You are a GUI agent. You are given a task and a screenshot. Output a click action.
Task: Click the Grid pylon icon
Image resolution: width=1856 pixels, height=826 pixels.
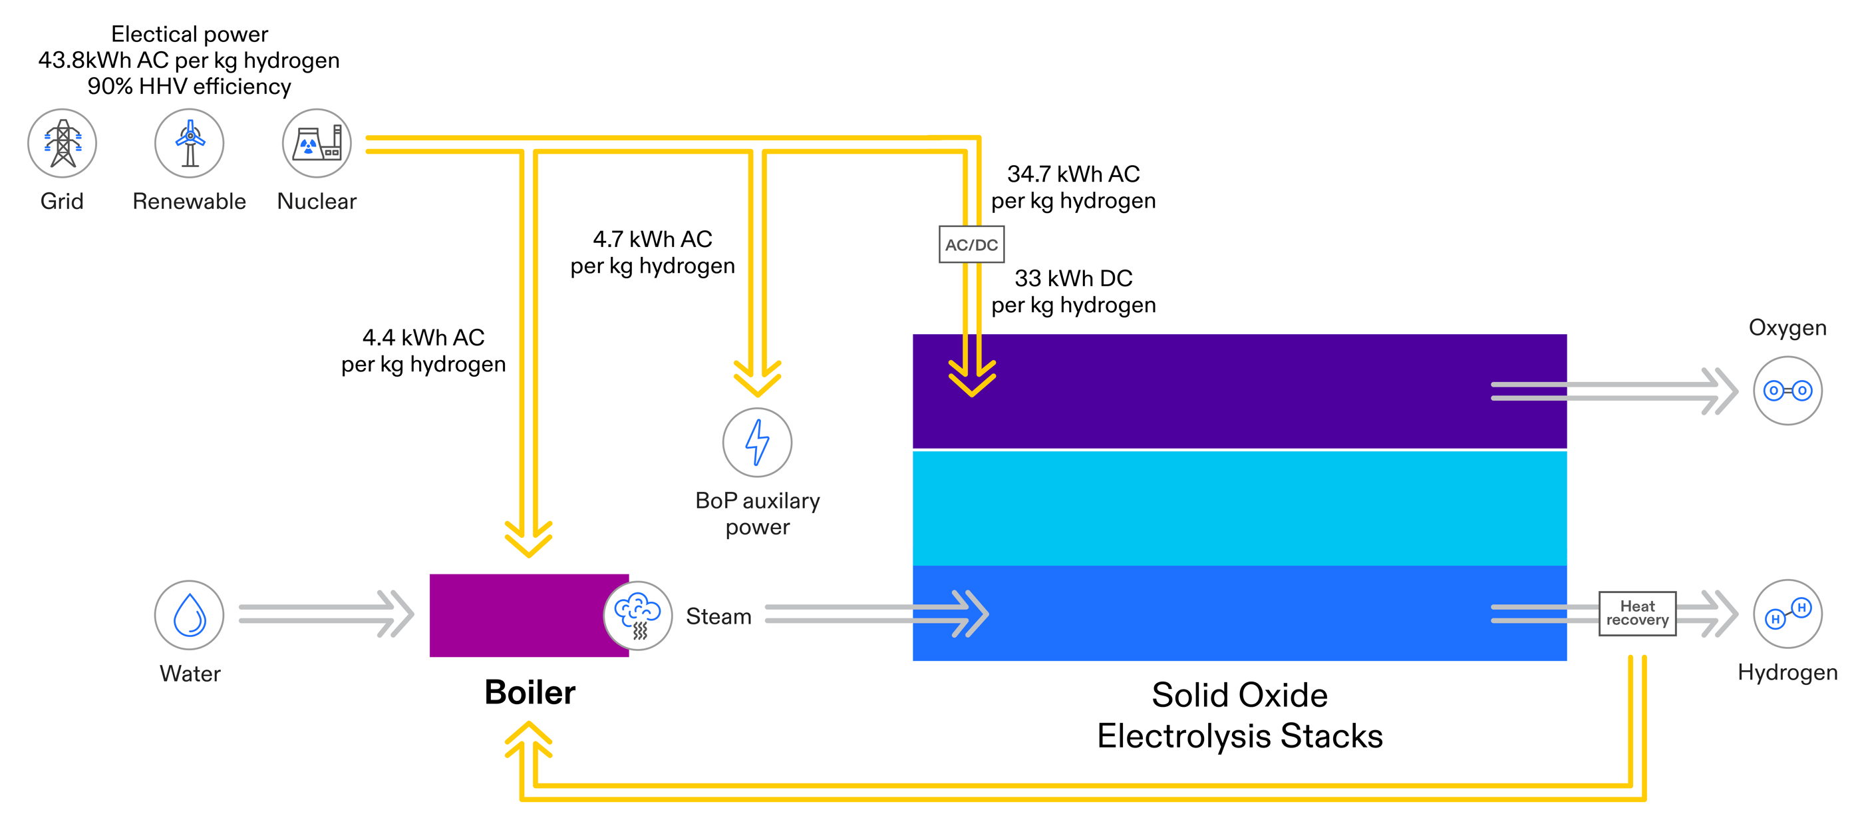click(62, 142)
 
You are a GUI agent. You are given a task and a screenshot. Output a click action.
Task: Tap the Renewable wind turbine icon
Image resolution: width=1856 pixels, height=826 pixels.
click(190, 142)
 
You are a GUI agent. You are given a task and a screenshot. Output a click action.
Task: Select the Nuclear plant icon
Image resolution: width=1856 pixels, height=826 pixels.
click(317, 142)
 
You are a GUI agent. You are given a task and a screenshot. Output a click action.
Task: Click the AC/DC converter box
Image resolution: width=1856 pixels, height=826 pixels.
click(971, 244)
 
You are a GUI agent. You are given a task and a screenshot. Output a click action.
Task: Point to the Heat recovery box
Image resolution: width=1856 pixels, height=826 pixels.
click(1637, 614)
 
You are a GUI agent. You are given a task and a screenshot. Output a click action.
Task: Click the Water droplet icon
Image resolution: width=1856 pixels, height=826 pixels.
click(190, 615)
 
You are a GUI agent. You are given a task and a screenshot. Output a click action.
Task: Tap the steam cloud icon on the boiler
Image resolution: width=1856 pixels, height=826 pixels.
click(638, 616)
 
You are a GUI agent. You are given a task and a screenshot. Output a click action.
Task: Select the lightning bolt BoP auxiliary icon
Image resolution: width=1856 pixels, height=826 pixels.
click(757, 442)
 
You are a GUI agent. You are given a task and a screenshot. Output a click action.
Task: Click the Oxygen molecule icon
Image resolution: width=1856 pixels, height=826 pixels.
click(1787, 391)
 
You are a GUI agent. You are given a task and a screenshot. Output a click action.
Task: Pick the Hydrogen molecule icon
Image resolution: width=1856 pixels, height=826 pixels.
click(1787, 614)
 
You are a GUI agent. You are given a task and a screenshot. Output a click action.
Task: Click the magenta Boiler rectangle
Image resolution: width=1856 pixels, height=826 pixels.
click(515, 615)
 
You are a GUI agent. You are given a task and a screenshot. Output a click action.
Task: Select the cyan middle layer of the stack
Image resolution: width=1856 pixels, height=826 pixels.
click(1239, 507)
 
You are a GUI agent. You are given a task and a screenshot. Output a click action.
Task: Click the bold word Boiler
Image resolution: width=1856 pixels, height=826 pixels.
click(530, 692)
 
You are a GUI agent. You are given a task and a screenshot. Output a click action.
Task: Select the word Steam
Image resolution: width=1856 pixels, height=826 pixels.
click(718, 616)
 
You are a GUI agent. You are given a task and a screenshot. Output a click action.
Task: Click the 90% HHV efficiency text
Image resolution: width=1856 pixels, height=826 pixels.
click(190, 87)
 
